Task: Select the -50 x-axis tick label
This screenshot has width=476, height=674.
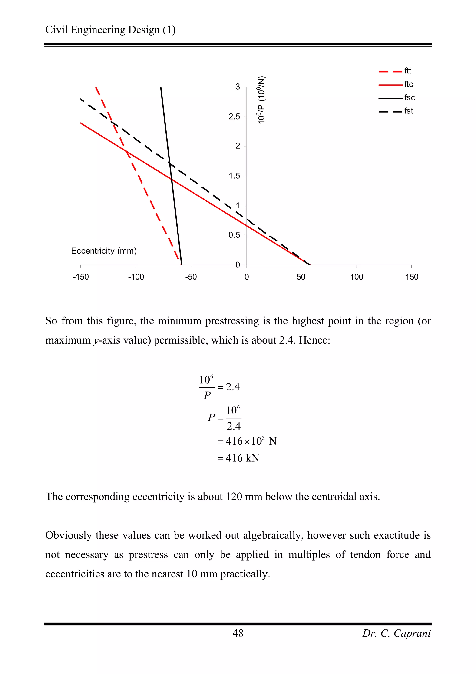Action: coord(191,277)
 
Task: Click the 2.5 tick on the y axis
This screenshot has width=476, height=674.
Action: coord(234,117)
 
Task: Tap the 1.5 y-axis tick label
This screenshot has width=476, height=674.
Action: coord(234,176)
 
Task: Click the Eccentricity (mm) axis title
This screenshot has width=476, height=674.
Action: coord(104,251)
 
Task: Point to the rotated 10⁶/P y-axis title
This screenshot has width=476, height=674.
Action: coord(261,100)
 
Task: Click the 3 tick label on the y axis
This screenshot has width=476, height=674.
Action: coord(238,87)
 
